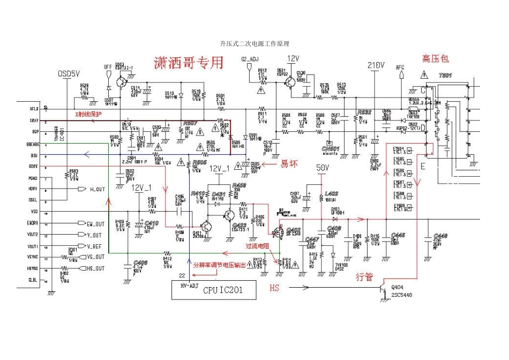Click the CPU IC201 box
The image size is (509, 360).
[x=213, y=291]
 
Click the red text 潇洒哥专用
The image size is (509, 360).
[x=188, y=63]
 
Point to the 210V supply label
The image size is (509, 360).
[x=377, y=65]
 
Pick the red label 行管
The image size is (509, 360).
[x=364, y=277]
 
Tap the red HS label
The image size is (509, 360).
[x=275, y=288]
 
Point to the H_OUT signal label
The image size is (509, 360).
[x=97, y=189]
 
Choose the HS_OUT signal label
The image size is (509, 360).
[x=96, y=268]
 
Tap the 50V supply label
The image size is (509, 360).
[x=322, y=168]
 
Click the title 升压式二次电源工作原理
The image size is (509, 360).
[x=254, y=43]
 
